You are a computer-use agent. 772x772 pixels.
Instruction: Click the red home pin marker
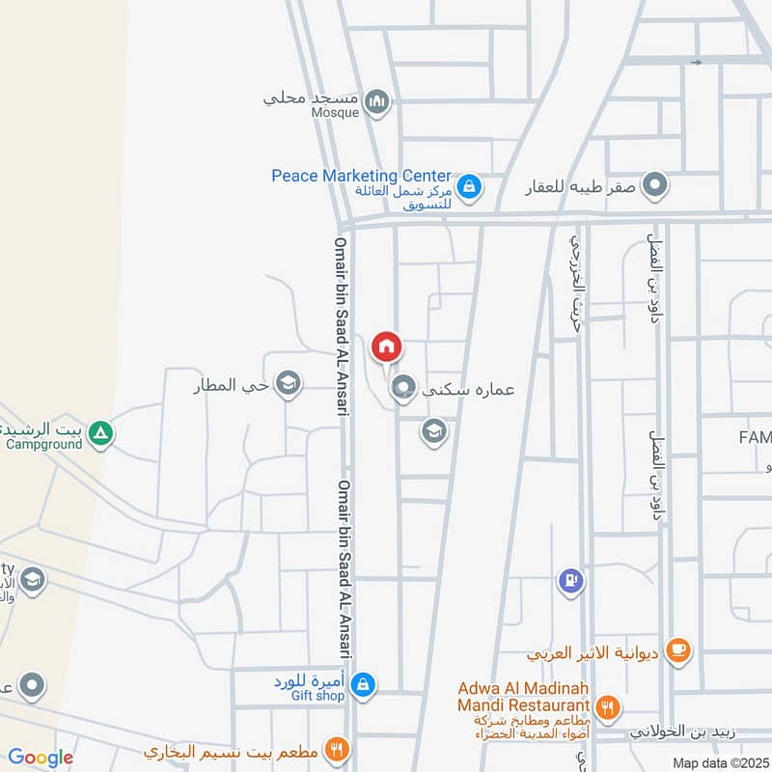(386, 346)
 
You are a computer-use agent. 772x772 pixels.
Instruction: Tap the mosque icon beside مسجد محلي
(377, 101)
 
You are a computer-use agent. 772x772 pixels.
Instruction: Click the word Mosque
(335, 112)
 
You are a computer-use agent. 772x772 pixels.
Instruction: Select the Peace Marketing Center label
(361, 176)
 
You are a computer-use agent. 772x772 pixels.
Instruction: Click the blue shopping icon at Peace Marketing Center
(469, 186)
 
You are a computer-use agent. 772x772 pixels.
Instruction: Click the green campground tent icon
(99, 435)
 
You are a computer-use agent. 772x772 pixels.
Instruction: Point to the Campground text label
(45, 445)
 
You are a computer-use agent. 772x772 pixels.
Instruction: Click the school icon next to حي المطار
(287, 386)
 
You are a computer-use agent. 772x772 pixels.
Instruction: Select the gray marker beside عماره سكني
(403, 389)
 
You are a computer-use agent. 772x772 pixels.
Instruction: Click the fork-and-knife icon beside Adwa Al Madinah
(608, 708)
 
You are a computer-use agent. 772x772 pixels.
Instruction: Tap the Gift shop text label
(317, 695)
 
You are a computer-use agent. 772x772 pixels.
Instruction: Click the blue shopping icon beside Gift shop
(362, 685)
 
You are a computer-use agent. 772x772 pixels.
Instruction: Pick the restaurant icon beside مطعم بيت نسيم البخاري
(336, 748)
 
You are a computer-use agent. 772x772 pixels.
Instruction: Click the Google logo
(40, 758)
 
